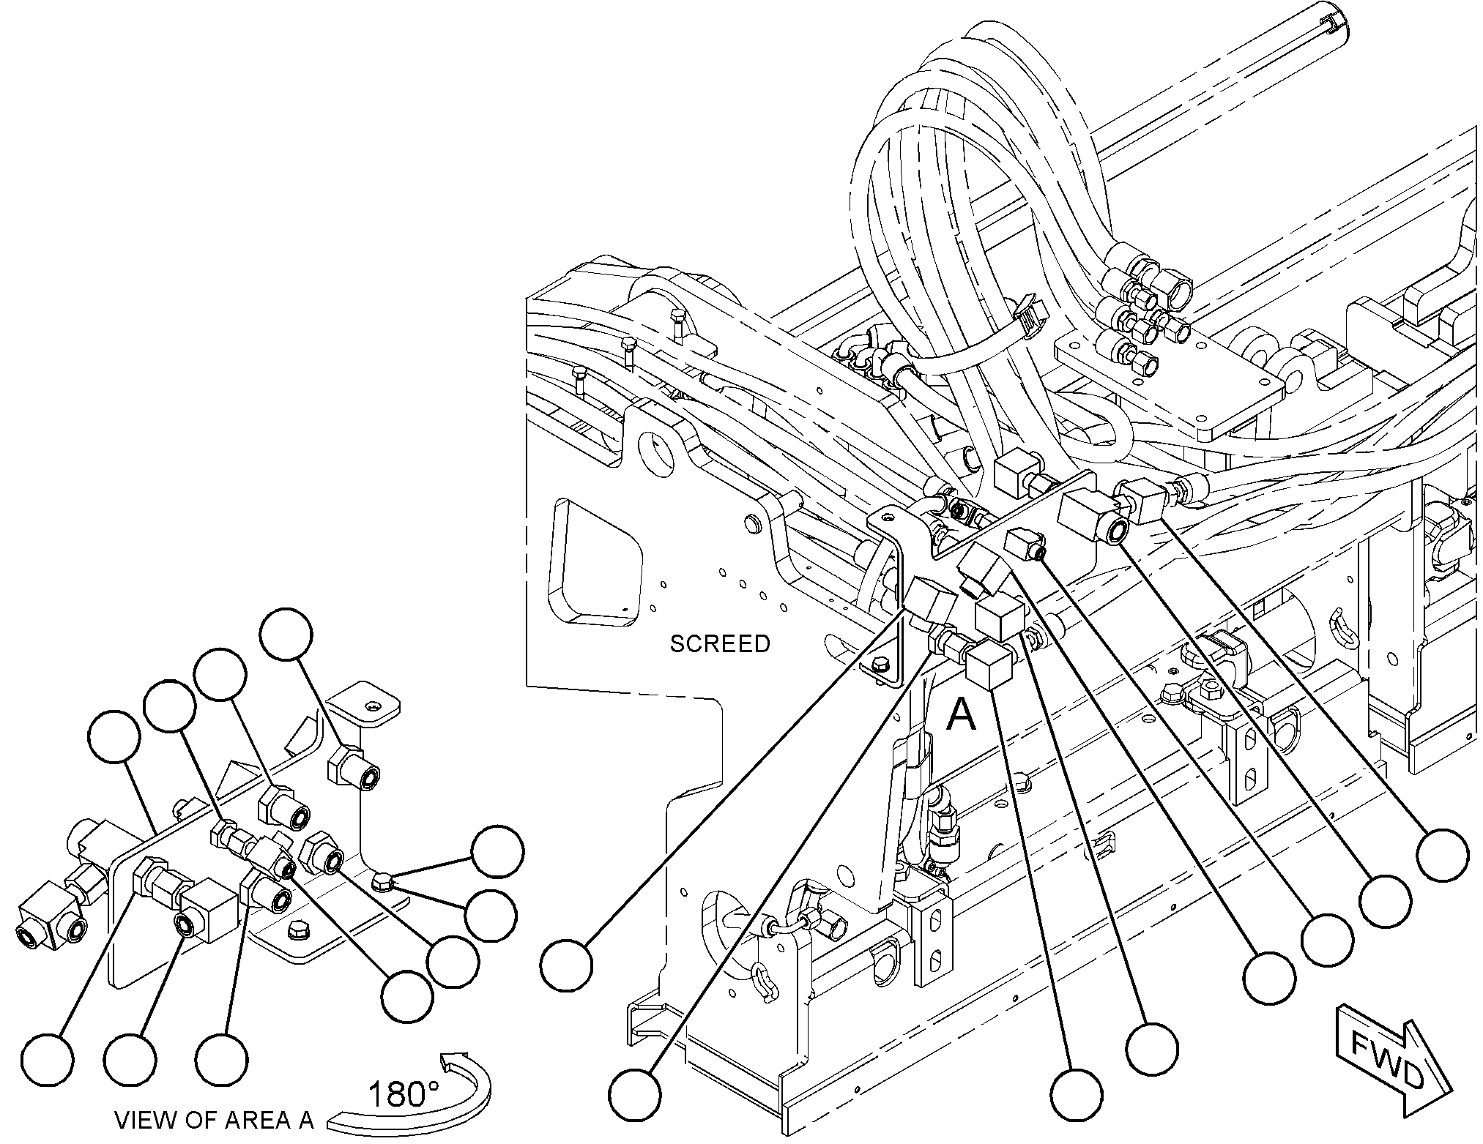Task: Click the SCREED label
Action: click(x=720, y=644)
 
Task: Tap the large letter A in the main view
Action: click(x=961, y=714)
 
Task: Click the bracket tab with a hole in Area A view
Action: click(x=365, y=703)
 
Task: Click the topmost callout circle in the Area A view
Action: click(x=287, y=634)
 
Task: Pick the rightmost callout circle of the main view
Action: click(x=1442, y=854)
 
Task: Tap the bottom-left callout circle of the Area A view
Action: click(x=48, y=1058)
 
